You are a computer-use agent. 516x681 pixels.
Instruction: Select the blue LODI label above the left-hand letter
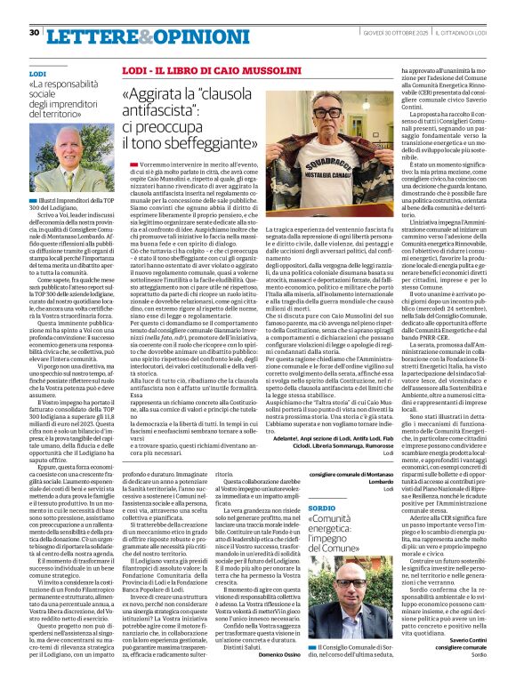coord(36,73)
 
